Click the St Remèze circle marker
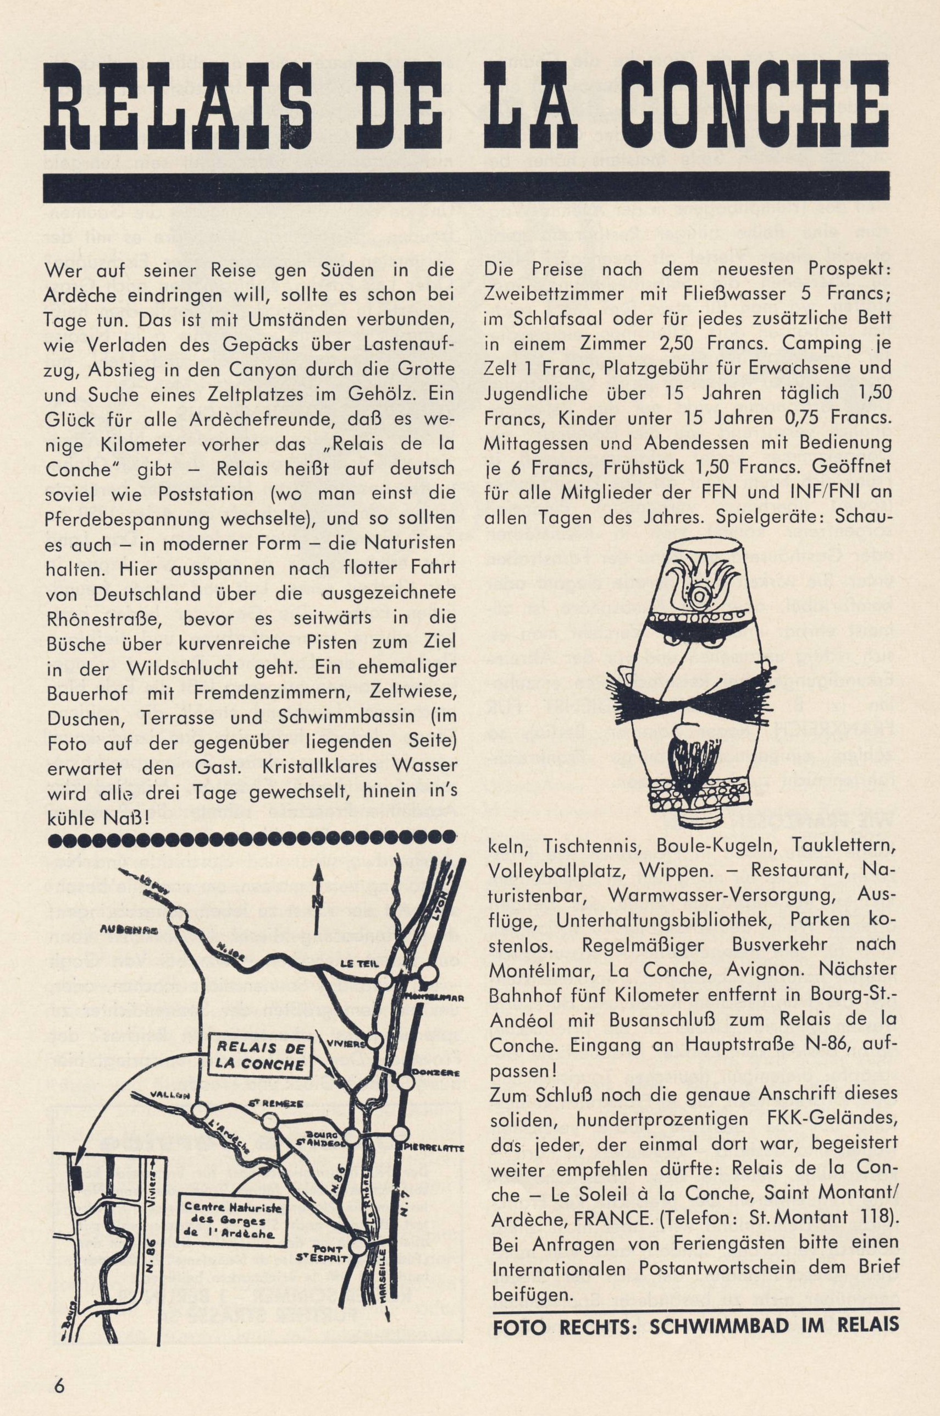pyautogui.click(x=270, y=1122)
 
